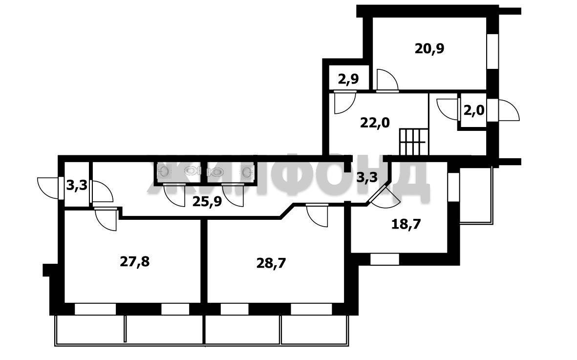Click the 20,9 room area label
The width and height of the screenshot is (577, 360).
coord(429,48)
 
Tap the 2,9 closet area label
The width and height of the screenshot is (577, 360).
coord(348,79)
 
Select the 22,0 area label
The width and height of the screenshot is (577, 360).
coord(375,122)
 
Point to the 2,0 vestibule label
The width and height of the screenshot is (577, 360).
coord(473,110)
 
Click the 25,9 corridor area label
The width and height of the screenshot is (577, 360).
coord(208,202)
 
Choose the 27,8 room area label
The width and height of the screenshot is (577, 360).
coord(135,262)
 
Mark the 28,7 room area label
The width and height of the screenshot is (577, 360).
coord(271,263)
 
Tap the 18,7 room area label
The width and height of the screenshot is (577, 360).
coord(406,224)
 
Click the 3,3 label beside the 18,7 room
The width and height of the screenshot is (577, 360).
coord(367,178)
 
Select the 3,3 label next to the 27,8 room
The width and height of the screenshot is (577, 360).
coord(77,185)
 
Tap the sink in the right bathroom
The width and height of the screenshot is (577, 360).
coord(248,171)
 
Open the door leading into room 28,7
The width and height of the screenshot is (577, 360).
coord(317,215)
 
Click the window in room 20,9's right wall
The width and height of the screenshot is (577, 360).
coord(492,51)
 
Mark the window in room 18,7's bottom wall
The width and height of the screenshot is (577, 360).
coord(385,259)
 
